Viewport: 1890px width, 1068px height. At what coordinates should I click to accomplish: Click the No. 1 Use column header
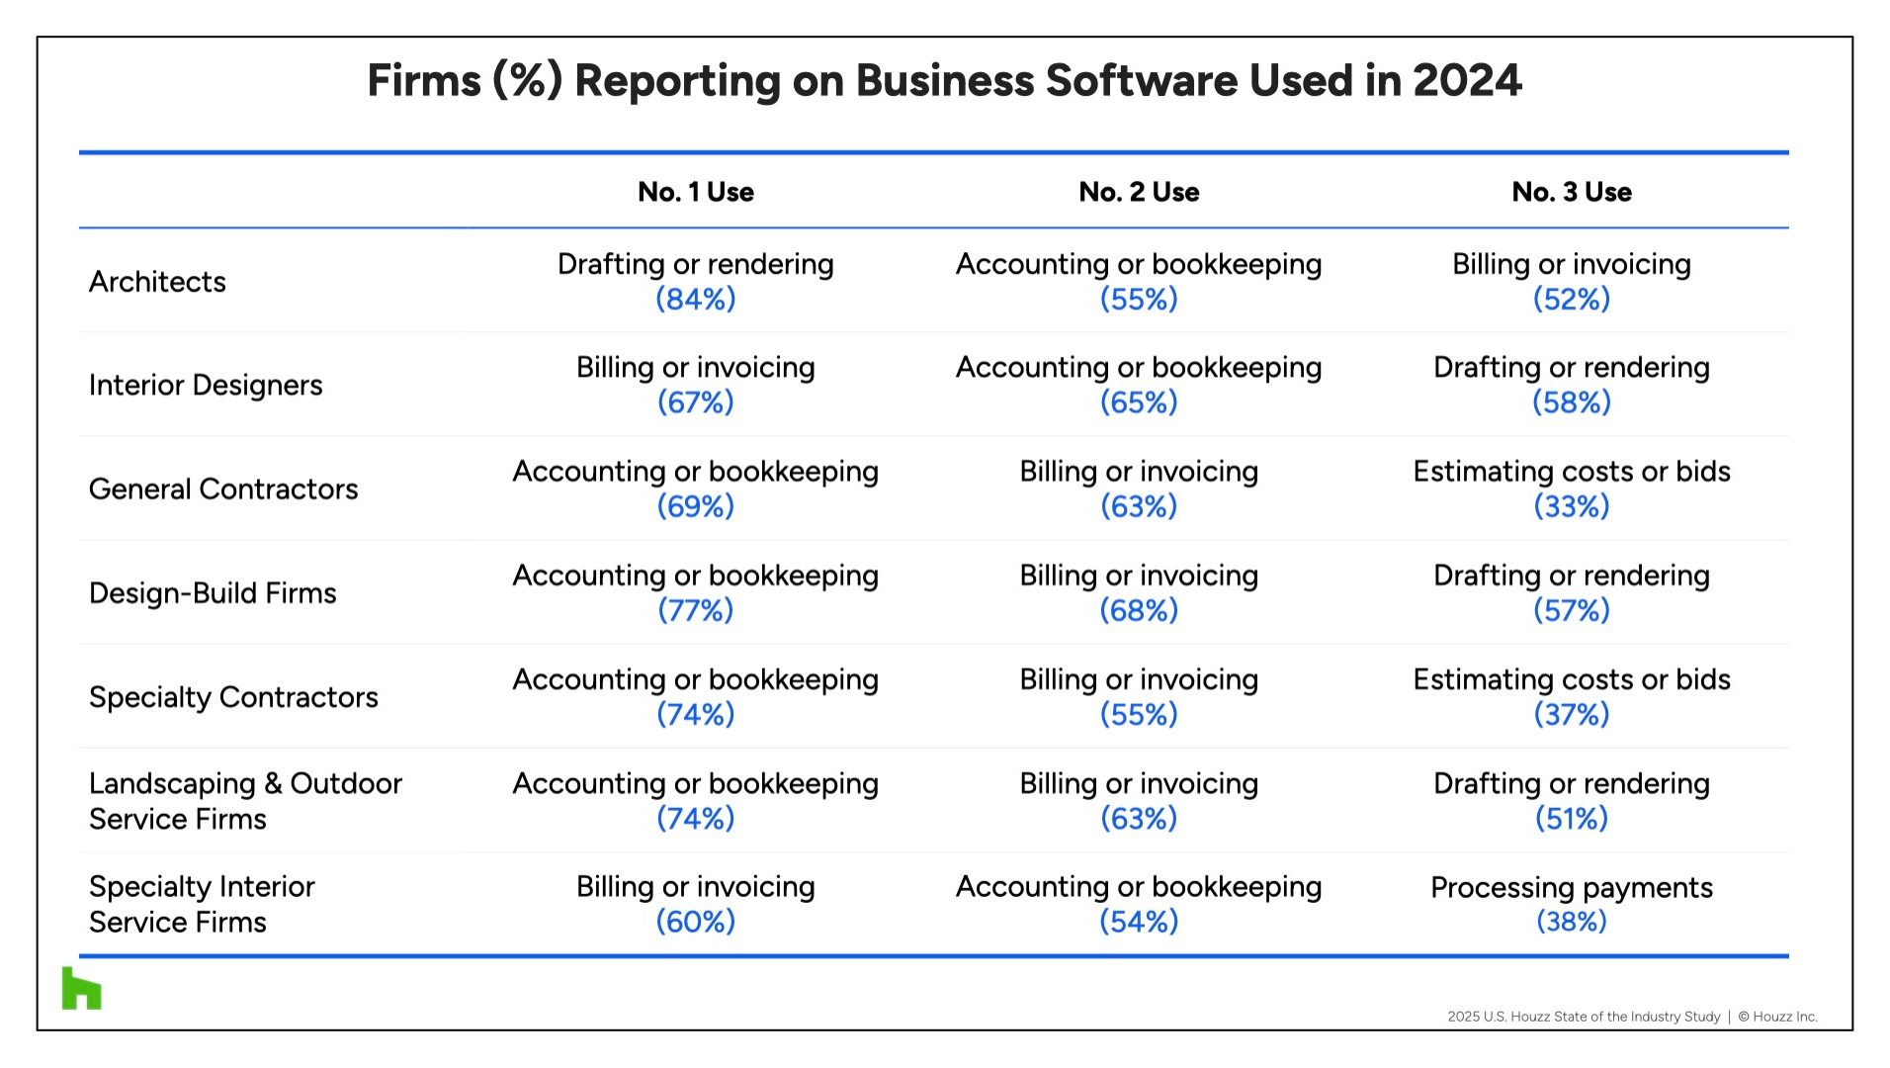coord(695,192)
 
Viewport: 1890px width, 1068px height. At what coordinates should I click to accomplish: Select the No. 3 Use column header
coord(1571,192)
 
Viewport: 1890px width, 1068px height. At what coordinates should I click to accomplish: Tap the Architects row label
coord(157,282)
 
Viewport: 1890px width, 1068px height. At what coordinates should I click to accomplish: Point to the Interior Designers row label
coord(206,385)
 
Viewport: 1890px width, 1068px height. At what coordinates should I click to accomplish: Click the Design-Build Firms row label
coord(213,593)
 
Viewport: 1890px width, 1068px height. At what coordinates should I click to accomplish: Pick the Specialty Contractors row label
coord(233,697)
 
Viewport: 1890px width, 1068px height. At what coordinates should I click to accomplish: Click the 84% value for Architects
coord(695,299)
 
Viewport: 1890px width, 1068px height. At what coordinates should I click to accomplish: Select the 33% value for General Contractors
coord(1571,506)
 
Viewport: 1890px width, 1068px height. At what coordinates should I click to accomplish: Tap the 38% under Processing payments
coord(1571,922)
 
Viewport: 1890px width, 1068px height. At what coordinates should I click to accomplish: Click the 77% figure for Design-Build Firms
coord(695,610)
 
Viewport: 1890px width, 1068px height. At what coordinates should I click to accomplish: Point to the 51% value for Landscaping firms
coord(1571,818)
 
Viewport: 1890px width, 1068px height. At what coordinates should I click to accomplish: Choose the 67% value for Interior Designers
coord(695,402)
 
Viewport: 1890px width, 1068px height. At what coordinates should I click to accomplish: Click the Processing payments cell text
coord(1571,887)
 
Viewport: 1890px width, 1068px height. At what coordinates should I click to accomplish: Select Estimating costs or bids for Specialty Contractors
coord(1571,679)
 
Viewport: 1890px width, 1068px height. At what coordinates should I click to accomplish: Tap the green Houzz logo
coord(81,989)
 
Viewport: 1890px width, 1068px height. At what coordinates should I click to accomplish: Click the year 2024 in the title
coord(1467,81)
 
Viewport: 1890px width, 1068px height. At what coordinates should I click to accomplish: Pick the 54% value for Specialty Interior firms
coord(1139,922)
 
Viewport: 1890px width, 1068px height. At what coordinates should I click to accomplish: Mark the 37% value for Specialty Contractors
coord(1571,714)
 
